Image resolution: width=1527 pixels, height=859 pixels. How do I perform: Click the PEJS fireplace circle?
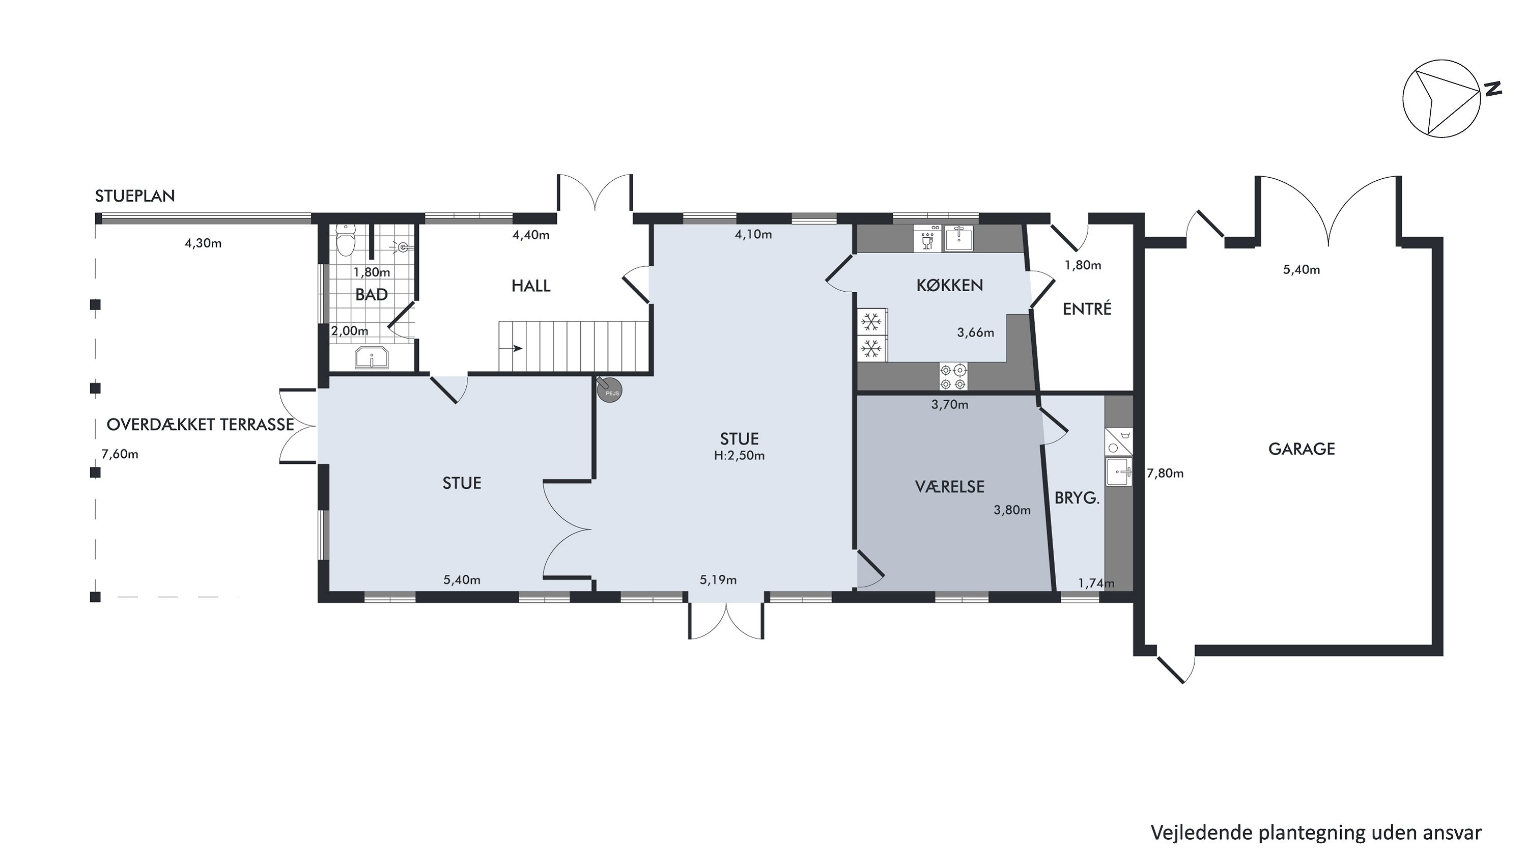[x=610, y=391]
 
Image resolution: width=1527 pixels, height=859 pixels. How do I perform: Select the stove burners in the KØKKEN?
[x=953, y=376]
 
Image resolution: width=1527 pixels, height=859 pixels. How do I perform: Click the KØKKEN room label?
[x=950, y=286]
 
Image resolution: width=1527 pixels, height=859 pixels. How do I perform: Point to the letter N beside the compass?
[x=1492, y=89]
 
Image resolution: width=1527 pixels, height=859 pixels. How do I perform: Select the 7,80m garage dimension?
[x=1166, y=474]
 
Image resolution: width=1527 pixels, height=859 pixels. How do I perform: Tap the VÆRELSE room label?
[x=950, y=487]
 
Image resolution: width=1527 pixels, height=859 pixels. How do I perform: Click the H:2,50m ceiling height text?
[x=739, y=456]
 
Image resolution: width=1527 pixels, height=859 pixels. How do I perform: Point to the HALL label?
[x=531, y=286]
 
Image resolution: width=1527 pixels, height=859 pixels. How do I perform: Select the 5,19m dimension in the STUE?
[x=718, y=580]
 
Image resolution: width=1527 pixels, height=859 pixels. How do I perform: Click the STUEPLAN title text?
[x=135, y=196]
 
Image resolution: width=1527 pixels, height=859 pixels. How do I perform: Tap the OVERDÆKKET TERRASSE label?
[x=201, y=425]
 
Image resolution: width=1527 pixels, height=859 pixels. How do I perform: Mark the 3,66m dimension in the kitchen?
[x=976, y=332]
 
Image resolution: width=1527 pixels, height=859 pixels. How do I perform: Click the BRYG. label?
[x=1077, y=498]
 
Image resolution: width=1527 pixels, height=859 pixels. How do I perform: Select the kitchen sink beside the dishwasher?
[x=958, y=238]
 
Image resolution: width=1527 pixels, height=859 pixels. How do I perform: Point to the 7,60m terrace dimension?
[x=120, y=455]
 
